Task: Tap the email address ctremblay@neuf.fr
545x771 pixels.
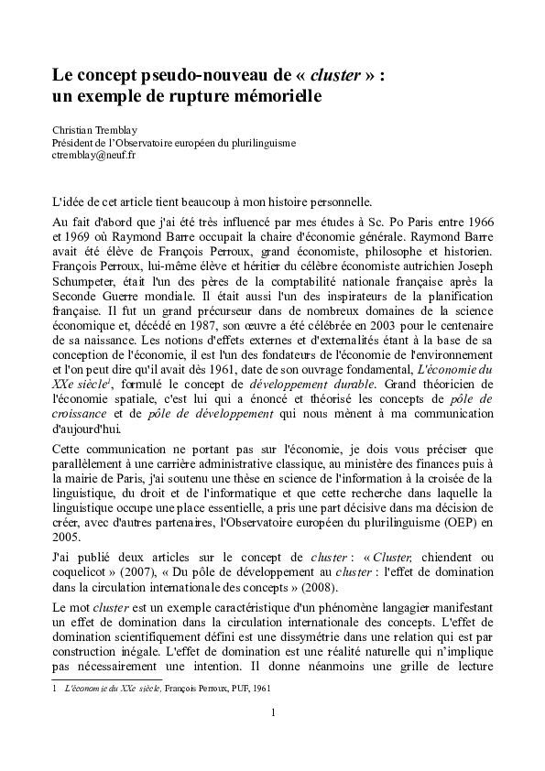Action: (93, 156)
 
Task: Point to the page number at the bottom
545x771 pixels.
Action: (272, 711)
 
